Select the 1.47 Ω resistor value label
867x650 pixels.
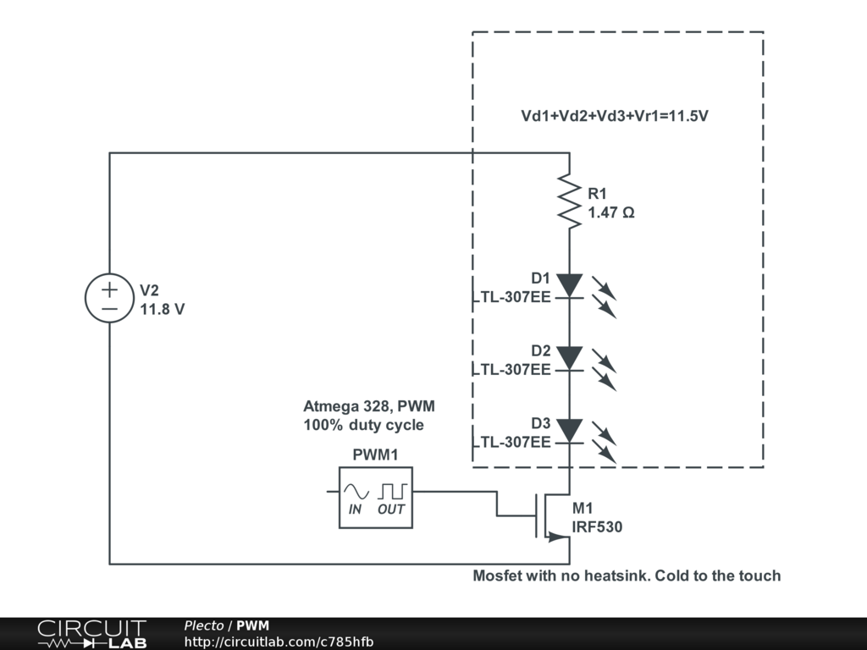click(x=610, y=212)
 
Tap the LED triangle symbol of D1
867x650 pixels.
click(x=570, y=285)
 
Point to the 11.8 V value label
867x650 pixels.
click(x=162, y=309)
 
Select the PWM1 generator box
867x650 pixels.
click(x=376, y=498)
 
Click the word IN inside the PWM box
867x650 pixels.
click(x=356, y=510)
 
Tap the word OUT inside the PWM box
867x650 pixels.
click(x=391, y=510)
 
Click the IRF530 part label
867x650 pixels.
click(x=597, y=526)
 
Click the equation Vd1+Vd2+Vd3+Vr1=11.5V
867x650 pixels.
click(x=614, y=117)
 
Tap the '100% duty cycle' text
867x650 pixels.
click(x=363, y=425)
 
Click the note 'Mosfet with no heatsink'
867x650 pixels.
click(x=627, y=576)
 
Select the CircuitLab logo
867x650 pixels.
click(x=91, y=634)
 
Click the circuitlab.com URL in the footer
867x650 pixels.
click(x=279, y=642)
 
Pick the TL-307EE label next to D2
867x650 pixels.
click(x=515, y=369)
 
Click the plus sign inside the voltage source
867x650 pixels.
click(x=110, y=289)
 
